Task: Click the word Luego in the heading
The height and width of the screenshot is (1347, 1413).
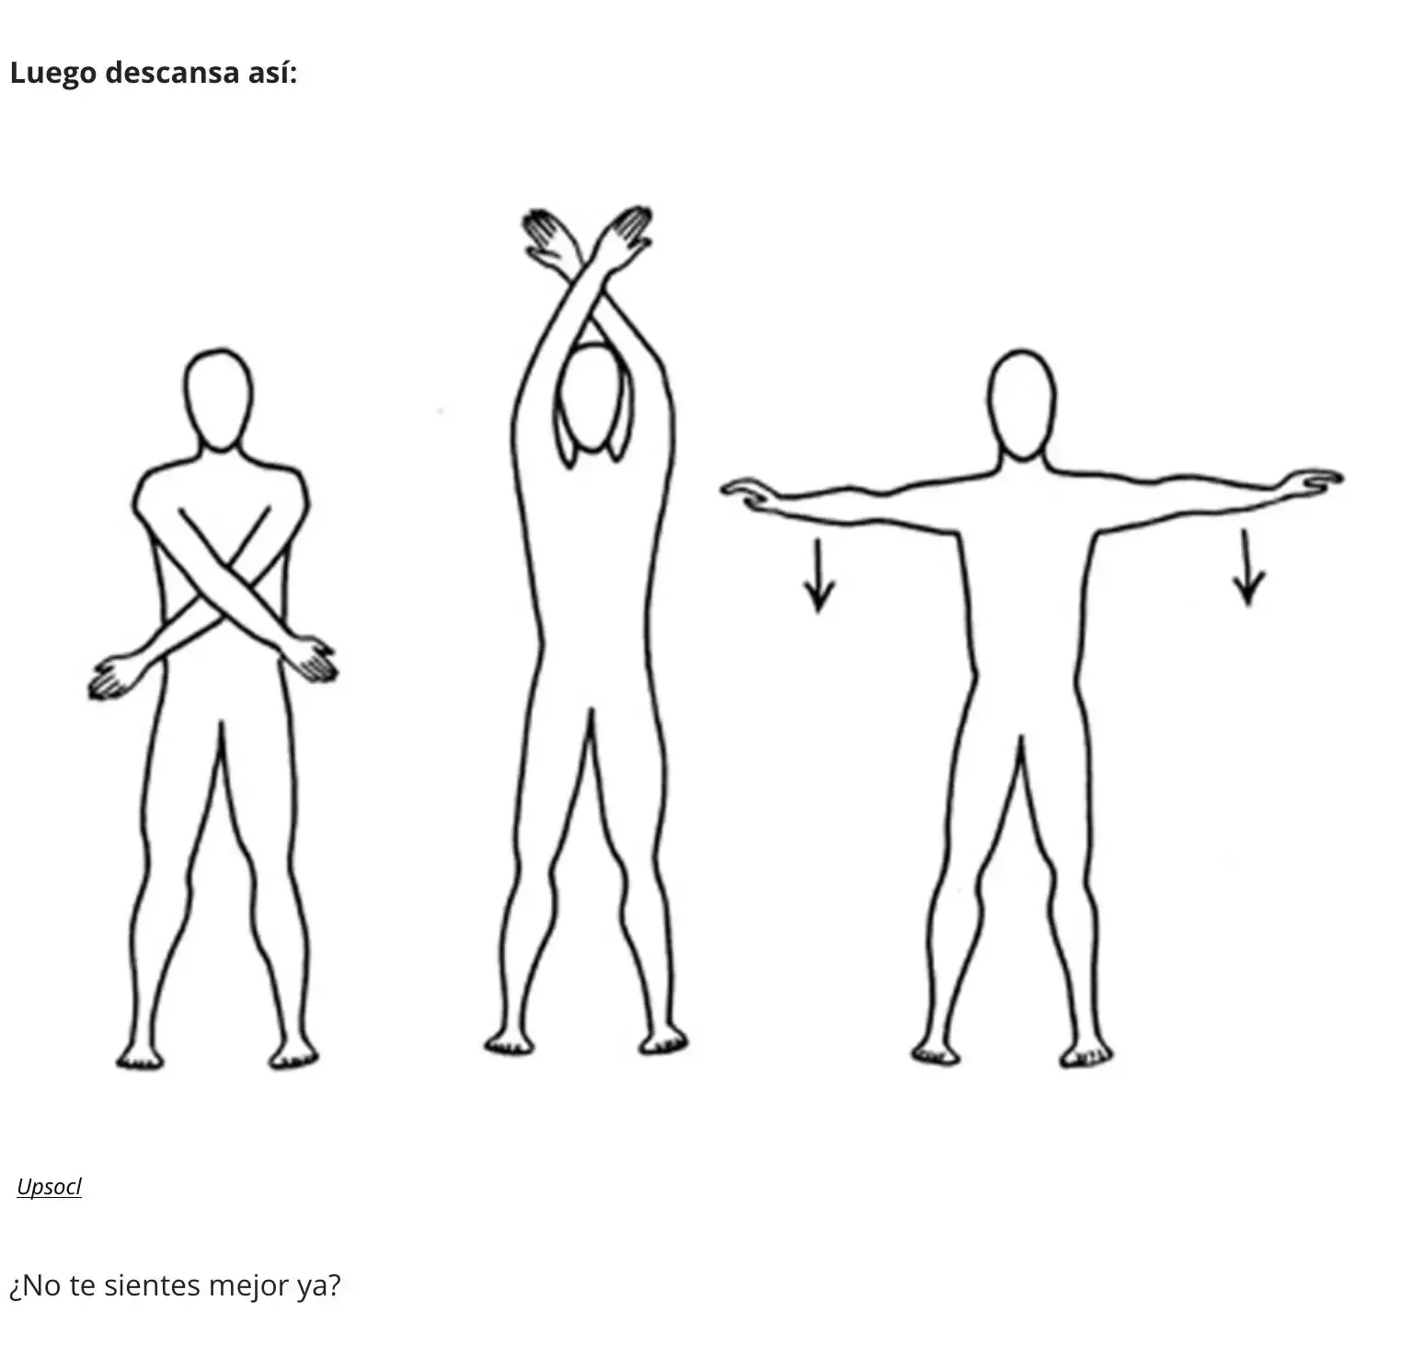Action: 52,73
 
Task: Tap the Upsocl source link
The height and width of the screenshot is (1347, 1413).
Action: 49,1187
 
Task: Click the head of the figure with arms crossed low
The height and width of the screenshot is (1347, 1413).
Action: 218,400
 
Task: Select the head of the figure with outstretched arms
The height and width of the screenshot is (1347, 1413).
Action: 1021,405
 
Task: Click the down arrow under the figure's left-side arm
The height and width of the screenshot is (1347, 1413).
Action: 818,575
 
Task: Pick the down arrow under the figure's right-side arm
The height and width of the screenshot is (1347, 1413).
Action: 1247,568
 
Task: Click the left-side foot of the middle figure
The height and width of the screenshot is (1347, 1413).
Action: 509,1042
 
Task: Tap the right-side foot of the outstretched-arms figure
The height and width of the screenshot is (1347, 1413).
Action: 1086,1053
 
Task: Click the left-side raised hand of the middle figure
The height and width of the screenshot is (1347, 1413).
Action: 547,237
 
